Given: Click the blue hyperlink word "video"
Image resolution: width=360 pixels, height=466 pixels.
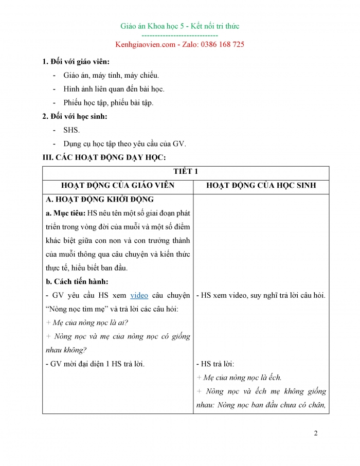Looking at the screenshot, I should click(x=139, y=295).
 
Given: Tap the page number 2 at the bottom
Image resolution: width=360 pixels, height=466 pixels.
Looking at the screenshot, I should click(x=316, y=433).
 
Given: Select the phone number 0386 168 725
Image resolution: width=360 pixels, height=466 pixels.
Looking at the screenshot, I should click(x=218, y=44).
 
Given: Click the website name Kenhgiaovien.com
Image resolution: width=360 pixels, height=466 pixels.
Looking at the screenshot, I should click(x=146, y=44).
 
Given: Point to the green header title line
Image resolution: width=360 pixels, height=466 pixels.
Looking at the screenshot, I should click(x=179, y=26).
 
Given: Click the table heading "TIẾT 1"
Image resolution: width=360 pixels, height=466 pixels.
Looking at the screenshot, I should click(x=186, y=172).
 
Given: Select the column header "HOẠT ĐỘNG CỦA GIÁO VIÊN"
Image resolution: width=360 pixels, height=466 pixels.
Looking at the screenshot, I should click(x=118, y=186).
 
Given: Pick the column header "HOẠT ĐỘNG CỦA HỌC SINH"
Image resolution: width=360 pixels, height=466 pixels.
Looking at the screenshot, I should click(x=261, y=186).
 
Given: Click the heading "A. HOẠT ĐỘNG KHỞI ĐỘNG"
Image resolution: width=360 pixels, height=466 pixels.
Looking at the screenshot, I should click(x=100, y=200).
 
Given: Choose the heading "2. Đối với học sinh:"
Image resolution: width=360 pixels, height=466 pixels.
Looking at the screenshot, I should click(x=75, y=116).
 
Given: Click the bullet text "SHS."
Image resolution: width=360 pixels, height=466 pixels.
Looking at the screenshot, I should click(x=71, y=130).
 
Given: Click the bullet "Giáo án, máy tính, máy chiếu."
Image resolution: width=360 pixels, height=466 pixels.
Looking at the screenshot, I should click(x=107, y=75).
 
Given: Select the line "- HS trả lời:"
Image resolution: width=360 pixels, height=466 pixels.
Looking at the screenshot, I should click(x=215, y=364).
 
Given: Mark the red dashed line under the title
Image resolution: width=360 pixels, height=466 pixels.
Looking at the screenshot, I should click(x=179, y=35).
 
